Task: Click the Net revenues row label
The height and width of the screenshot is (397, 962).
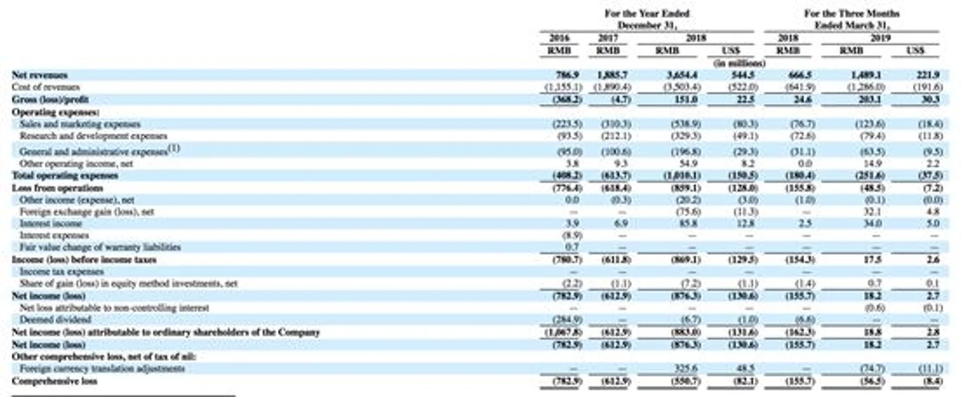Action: (40, 75)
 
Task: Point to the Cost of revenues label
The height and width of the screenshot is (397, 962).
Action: (46, 87)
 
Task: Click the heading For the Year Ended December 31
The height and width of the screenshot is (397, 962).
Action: (647, 19)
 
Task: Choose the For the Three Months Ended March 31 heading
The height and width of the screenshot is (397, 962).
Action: (851, 19)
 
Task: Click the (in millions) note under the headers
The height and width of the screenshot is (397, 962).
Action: (739, 63)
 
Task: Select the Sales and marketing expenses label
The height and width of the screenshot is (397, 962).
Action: (80, 124)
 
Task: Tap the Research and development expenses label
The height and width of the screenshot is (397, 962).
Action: (93, 136)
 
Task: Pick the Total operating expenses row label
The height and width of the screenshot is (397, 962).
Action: (65, 175)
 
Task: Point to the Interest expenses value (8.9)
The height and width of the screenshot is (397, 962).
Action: (571, 235)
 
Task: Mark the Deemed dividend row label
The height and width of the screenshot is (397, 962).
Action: (55, 319)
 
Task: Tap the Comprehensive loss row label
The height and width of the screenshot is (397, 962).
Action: (55, 381)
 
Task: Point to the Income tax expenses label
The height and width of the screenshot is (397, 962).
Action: (61, 271)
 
